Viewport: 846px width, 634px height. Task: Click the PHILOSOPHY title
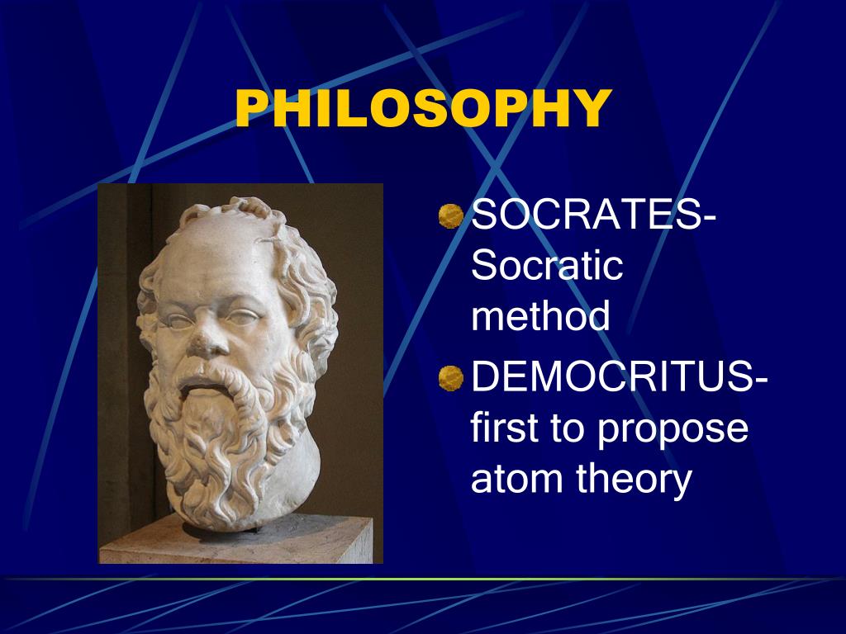(422, 109)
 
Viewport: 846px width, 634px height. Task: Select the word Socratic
(546, 267)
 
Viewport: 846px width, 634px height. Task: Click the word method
(540, 316)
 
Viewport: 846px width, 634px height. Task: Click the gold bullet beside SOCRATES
(450, 217)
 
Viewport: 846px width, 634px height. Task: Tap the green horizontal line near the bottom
(423, 579)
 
